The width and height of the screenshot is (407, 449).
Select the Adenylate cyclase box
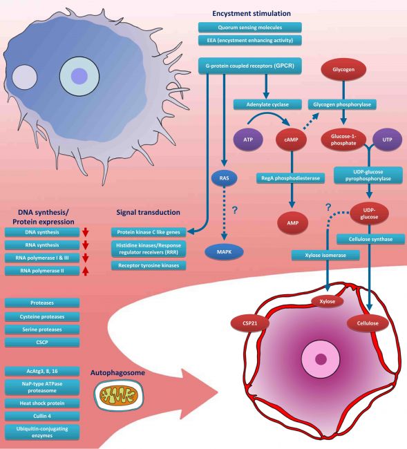265,104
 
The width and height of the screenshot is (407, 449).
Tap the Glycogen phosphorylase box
343,104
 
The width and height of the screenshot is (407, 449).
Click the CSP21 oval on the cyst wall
250,323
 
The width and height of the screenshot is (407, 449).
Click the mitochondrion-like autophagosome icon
115,395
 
